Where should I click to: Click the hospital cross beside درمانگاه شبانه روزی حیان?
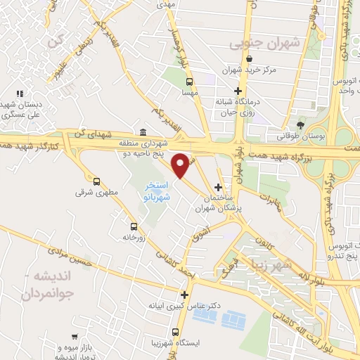(238, 91)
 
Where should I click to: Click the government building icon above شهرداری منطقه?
(143, 131)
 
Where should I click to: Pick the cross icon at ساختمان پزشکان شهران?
(219, 187)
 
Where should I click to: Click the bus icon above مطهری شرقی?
(96, 181)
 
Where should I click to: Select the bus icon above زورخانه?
(134, 226)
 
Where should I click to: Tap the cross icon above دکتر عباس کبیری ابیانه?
(184, 295)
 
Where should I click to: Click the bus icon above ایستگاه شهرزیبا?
(175, 332)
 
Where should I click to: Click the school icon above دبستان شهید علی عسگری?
(20, 94)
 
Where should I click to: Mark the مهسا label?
(187, 92)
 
